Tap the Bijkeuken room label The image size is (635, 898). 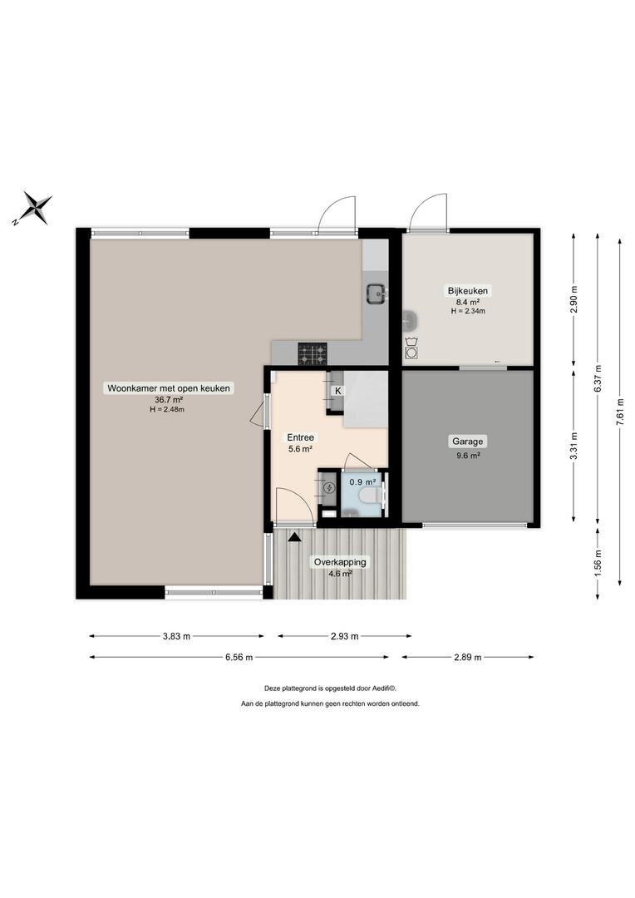tap(468, 290)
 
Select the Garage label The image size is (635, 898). tap(468, 441)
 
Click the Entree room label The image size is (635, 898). tap(301, 437)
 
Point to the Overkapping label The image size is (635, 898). tap(340, 562)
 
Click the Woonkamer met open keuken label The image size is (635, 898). tap(169, 388)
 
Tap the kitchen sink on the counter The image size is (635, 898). tap(377, 294)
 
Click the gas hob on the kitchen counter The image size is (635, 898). tap(312, 353)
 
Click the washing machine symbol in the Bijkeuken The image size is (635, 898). tap(411, 347)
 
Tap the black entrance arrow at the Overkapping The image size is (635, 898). tap(294, 536)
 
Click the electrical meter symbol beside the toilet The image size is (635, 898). tap(329, 488)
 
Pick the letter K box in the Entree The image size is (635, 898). tap(337, 391)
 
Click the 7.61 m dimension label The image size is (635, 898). tap(619, 412)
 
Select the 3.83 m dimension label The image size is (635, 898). tap(176, 636)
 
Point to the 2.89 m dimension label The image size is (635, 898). tap(468, 658)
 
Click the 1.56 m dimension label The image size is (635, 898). tap(598, 564)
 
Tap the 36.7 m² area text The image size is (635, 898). tap(169, 400)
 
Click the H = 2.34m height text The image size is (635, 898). tap(468, 311)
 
